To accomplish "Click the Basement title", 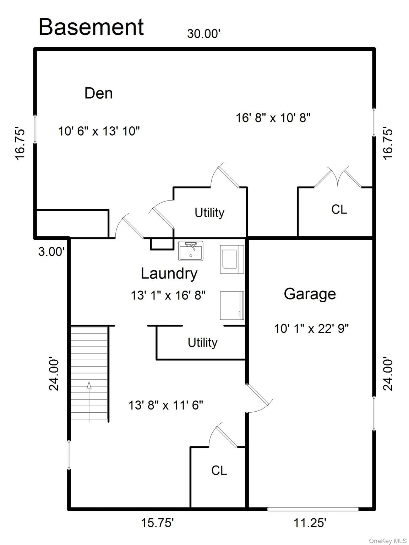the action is click(91, 27).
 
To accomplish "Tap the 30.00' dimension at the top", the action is click(204, 34).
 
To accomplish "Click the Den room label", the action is click(99, 93).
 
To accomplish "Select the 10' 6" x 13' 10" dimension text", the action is click(99, 131).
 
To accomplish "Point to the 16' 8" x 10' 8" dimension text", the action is click(273, 118).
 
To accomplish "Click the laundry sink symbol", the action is click(191, 251).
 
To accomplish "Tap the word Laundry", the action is click(169, 274).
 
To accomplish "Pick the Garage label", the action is click(310, 295).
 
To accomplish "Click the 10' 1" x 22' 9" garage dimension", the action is click(311, 329).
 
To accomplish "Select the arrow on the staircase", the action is click(89, 402).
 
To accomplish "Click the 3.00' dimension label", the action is click(51, 252).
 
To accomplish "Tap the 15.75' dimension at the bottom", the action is click(157, 523).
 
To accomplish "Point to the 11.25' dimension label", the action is click(310, 523).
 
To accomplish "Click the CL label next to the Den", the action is click(339, 209).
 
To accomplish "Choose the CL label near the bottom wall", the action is click(219, 470).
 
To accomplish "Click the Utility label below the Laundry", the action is click(202, 343).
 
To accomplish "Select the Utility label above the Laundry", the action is click(209, 213).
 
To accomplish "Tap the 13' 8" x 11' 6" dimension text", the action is click(166, 406).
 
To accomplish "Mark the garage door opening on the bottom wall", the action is click(313, 509).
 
